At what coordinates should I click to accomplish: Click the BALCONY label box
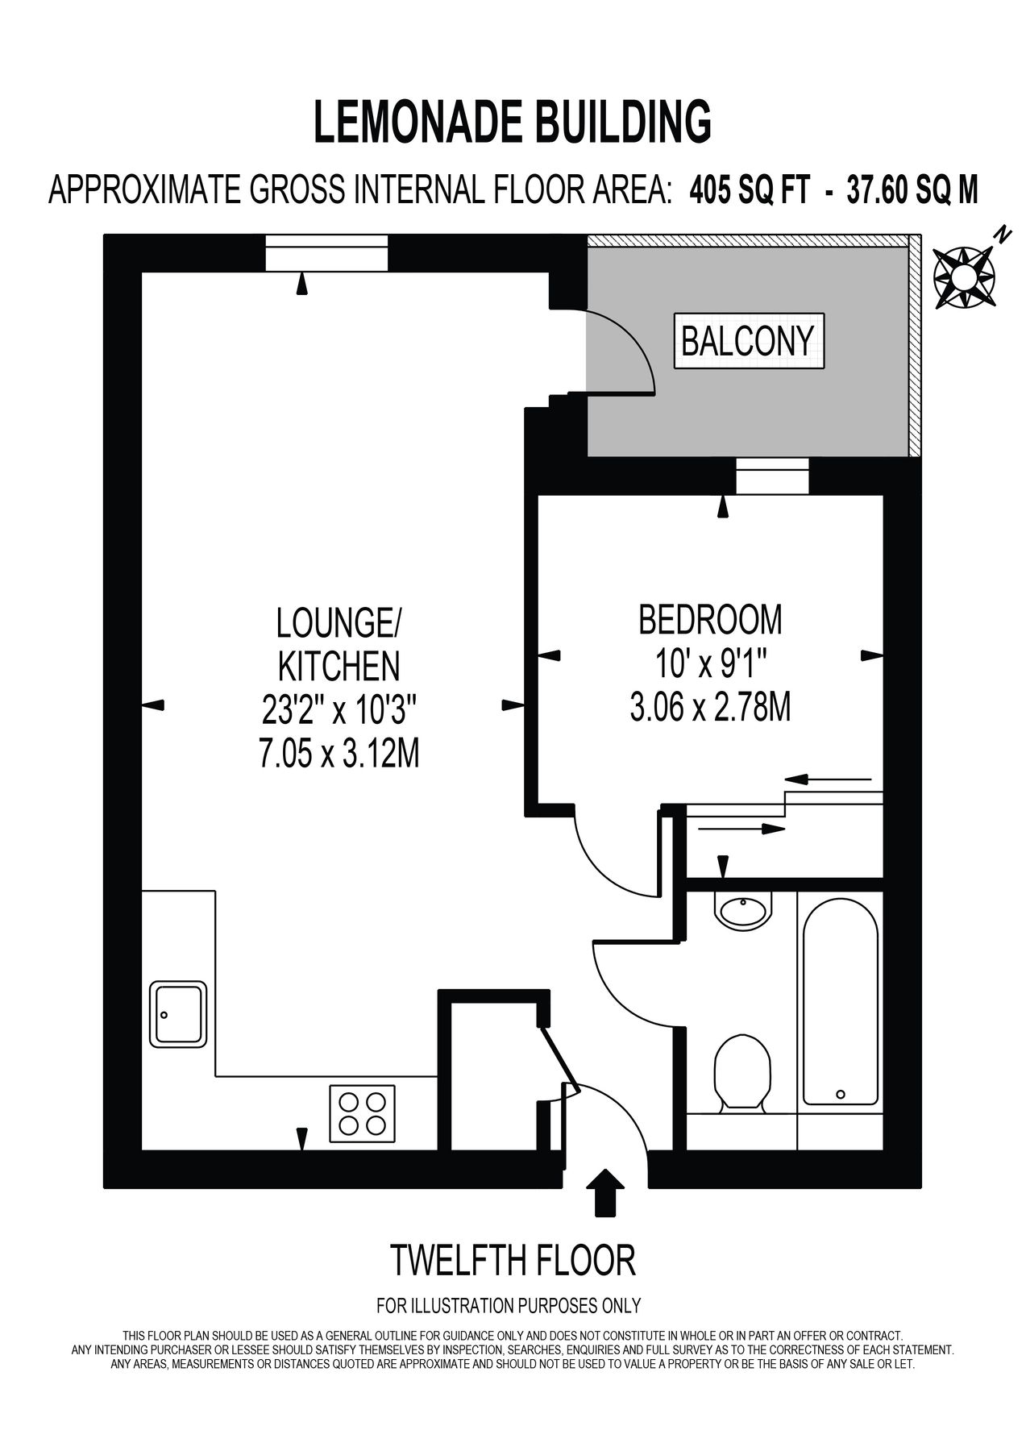748,340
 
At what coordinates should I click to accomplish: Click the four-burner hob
362,1113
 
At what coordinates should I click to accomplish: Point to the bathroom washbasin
743,911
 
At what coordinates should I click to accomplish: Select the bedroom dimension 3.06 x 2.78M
709,708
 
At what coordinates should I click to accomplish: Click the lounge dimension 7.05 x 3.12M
338,755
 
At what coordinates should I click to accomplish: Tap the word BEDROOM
709,620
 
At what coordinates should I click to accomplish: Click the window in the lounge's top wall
327,254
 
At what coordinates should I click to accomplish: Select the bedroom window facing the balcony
771,476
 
